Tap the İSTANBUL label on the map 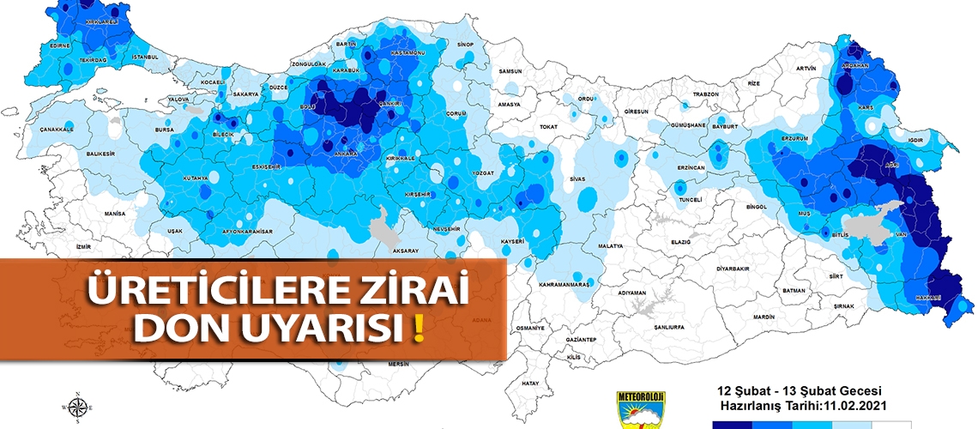pos(145,57)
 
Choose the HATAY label pos(531,383)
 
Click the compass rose pos(78,407)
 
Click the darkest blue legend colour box pos(732,424)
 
